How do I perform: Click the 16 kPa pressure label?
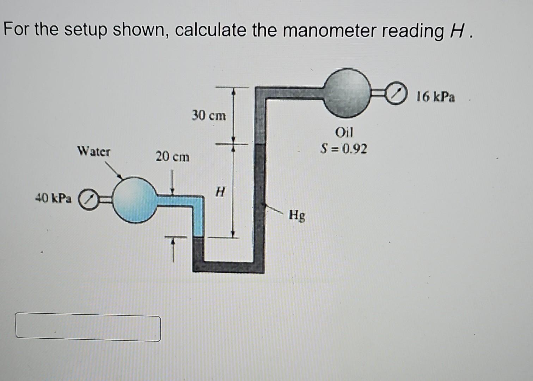(x=435, y=97)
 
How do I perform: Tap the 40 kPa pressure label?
(x=53, y=199)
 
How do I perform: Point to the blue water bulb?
(x=135, y=200)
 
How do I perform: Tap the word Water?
(x=93, y=152)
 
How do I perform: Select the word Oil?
(x=344, y=133)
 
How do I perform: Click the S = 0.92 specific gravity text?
(x=343, y=149)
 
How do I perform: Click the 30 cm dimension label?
(x=209, y=115)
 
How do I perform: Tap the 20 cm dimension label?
(x=172, y=156)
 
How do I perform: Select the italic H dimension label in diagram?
(x=220, y=192)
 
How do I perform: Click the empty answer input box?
(x=88, y=328)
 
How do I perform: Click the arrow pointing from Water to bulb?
(x=114, y=171)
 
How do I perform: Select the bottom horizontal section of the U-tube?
(x=228, y=267)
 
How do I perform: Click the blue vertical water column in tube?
(x=198, y=219)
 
